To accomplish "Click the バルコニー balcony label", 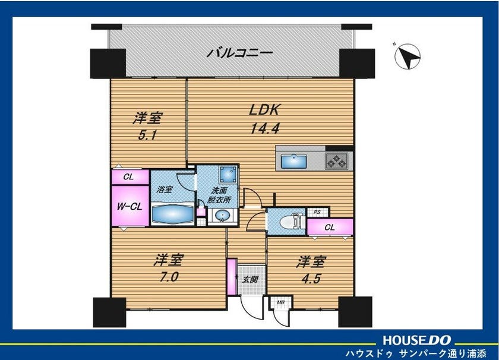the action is pyautogui.click(x=239, y=52).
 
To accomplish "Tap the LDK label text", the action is pyautogui.click(x=264, y=110).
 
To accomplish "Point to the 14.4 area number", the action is pyautogui.click(x=265, y=129).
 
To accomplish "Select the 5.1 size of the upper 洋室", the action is pyautogui.click(x=147, y=135).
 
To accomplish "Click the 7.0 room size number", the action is pyautogui.click(x=169, y=277).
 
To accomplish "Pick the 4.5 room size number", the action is pyautogui.click(x=310, y=279).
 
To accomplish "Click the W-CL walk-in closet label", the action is pyautogui.click(x=130, y=207).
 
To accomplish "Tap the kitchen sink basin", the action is pyautogui.click(x=294, y=161).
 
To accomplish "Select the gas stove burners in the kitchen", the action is pyautogui.click(x=336, y=160).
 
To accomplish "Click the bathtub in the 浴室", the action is pyautogui.click(x=172, y=214).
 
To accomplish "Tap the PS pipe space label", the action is pyautogui.click(x=317, y=212).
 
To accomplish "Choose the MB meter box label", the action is pyautogui.click(x=280, y=302).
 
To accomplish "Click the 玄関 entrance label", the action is pyautogui.click(x=250, y=280).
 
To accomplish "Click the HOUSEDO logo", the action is pyautogui.click(x=417, y=340).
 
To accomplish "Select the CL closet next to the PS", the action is pyautogui.click(x=330, y=227).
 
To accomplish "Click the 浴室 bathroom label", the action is pyautogui.click(x=165, y=190).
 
